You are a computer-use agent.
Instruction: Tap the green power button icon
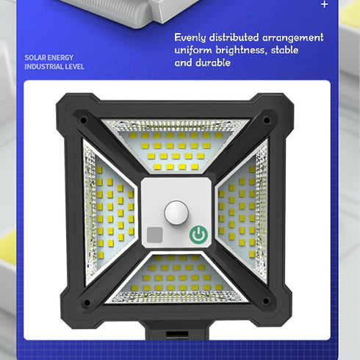point(198,234)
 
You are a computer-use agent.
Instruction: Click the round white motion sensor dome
point(176,212)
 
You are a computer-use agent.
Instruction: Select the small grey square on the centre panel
point(154,235)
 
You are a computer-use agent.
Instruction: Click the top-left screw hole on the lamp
point(83,120)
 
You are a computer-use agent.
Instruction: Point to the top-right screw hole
point(267,120)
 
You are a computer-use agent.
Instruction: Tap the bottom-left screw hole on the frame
point(87,303)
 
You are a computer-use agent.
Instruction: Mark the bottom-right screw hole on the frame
point(265,300)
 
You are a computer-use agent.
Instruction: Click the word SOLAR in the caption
point(35,58)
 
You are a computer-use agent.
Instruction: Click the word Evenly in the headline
point(190,38)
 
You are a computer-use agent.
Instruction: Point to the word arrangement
point(292,38)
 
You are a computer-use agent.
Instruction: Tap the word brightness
point(240,50)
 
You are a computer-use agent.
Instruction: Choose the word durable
point(213,63)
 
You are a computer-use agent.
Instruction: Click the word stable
point(284,50)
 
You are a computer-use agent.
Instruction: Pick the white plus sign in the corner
point(325,4)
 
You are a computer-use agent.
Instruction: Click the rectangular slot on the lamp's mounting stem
point(177,334)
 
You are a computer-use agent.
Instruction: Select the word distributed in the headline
point(234,37)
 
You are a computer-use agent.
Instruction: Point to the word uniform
point(193,51)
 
